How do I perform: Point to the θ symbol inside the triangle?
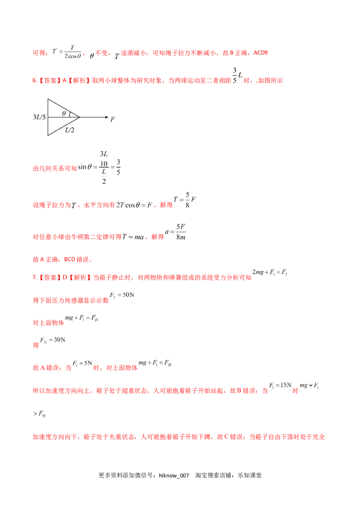coord(64,113)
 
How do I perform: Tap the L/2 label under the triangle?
coord(69,130)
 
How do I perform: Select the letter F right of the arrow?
coord(112,119)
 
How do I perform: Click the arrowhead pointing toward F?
coord(106,117)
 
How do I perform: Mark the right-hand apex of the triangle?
coord(80,117)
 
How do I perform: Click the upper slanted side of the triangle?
coord(64,108)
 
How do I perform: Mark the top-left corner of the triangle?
coord(48,99)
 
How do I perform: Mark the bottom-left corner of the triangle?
coord(48,135)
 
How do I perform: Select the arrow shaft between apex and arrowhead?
coord(92,117)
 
